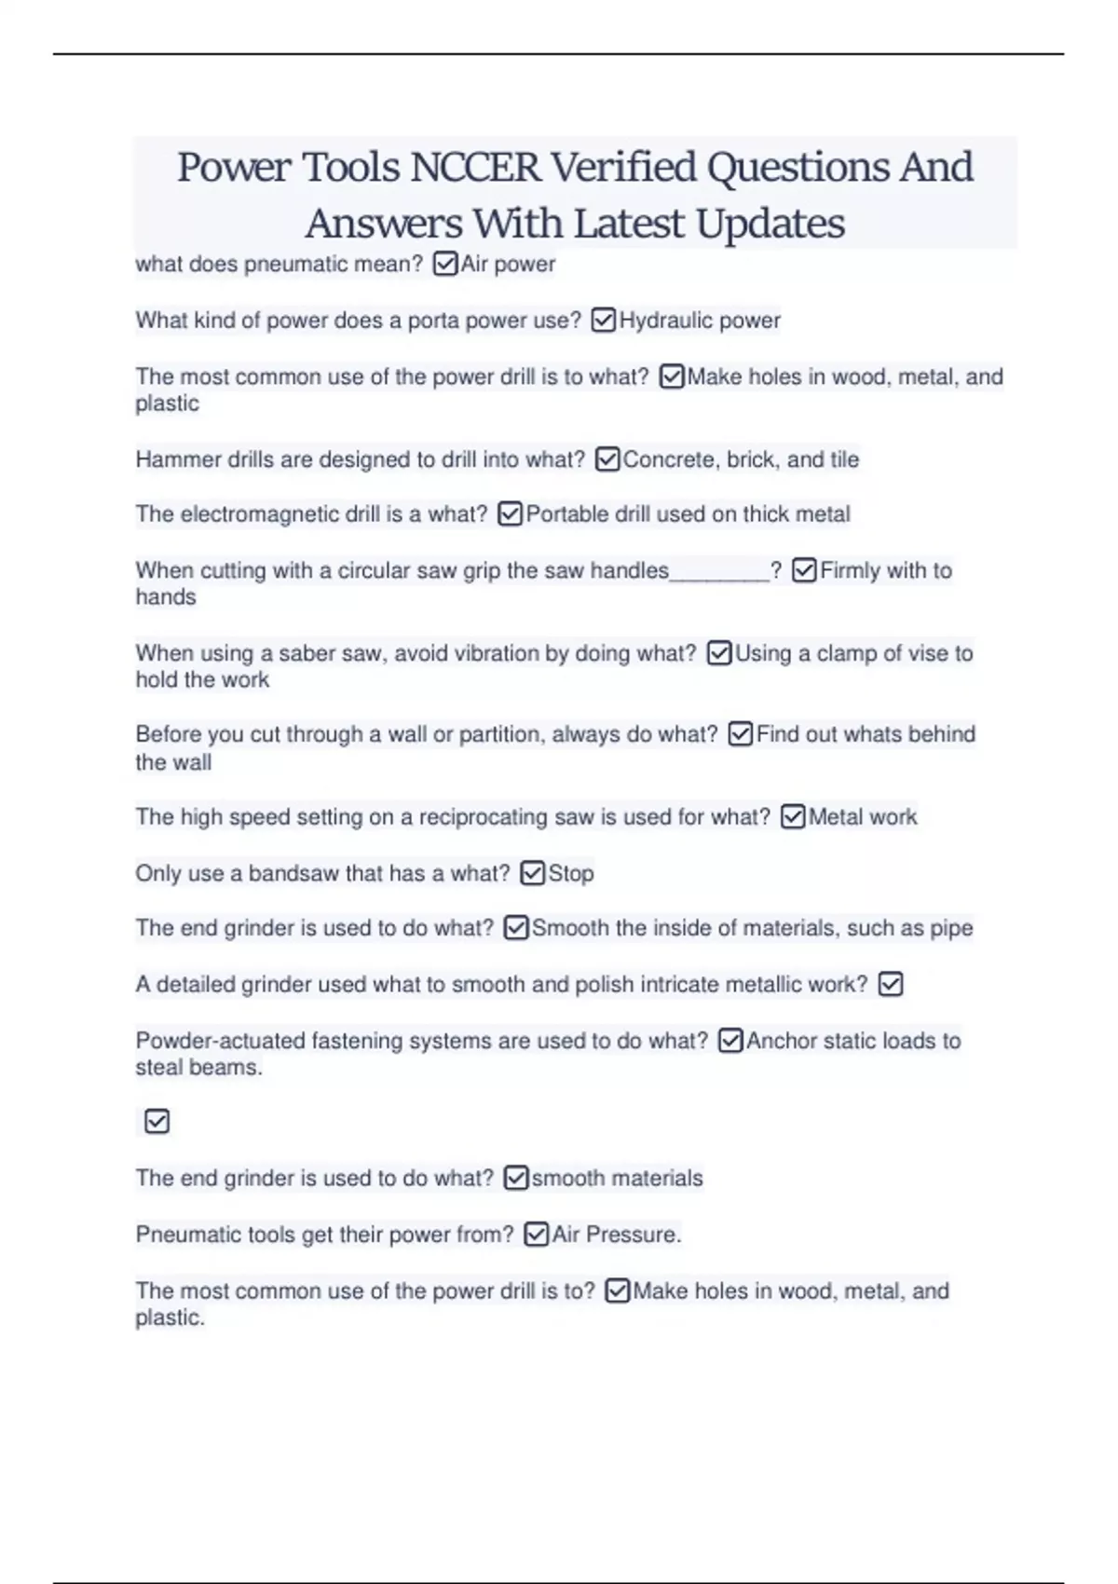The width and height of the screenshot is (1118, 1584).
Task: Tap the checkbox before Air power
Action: coord(445,265)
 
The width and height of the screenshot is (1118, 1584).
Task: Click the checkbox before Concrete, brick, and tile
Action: coord(607,459)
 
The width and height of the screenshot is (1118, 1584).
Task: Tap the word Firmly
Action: coord(849,570)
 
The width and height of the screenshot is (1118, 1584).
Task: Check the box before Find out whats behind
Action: coord(741,734)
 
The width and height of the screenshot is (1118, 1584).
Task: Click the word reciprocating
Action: coord(483,817)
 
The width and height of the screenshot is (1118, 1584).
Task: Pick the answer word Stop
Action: coord(571,873)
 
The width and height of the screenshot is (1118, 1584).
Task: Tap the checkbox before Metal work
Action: coord(793,817)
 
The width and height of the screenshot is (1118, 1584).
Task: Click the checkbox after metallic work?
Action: coord(891,984)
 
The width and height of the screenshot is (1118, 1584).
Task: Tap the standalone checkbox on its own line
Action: coord(157,1121)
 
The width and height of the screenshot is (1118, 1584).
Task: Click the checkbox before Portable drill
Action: coord(511,514)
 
